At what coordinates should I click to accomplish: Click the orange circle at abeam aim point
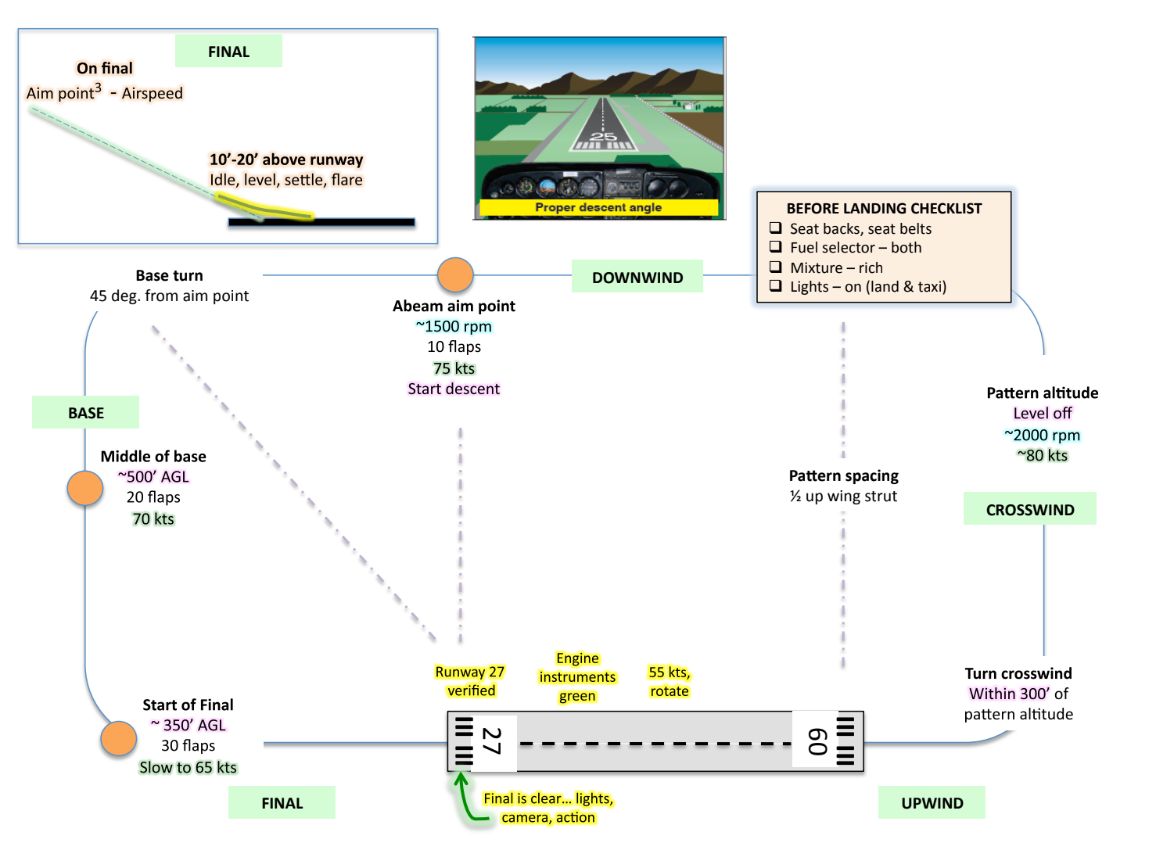coord(455,275)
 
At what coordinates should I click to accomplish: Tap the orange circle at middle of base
coord(85,488)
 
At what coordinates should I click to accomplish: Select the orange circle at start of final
coord(119,738)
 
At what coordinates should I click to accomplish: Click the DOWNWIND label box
coord(637,277)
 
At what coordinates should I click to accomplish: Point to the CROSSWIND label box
coord(1029,509)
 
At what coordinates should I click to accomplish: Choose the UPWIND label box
coord(932,803)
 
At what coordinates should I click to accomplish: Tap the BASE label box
coord(86,412)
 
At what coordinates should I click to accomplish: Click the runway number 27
coord(491,741)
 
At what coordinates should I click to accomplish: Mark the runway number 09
coord(817,741)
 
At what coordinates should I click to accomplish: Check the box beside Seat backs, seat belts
coord(776,228)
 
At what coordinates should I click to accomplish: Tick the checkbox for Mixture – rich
coord(776,267)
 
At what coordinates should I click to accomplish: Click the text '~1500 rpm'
coord(454,326)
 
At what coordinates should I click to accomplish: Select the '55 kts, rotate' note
coord(670,682)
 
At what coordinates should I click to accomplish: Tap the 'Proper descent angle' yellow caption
coord(598,207)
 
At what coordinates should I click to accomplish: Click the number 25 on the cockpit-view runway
coord(603,137)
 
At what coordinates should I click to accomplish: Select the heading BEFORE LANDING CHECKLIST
coord(884,209)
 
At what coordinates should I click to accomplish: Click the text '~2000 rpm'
coord(1042,435)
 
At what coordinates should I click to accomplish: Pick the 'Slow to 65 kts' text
coord(188,767)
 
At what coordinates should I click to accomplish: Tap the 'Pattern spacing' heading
coord(843,475)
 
